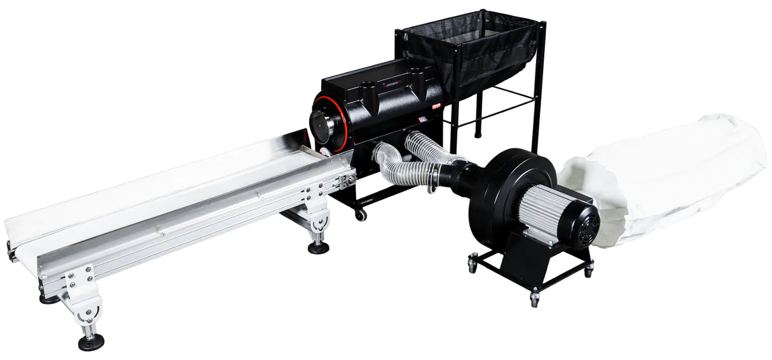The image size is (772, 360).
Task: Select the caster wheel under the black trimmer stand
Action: (x=361, y=216)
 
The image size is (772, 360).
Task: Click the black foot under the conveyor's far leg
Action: (x=319, y=247)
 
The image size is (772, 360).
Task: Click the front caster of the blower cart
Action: (x=534, y=296)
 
